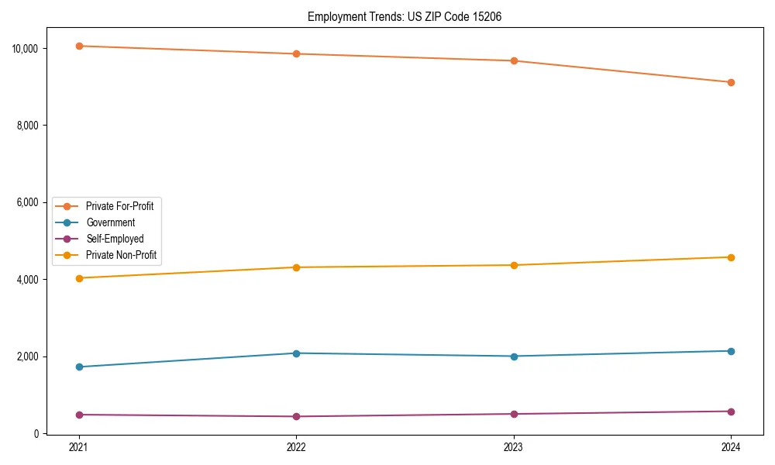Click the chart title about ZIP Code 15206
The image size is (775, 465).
click(404, 16)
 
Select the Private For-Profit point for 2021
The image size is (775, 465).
click(79, 46)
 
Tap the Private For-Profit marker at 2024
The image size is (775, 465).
click(731, 82)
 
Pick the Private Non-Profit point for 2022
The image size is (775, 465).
click(296, 267)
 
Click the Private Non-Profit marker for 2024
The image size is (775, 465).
click(731, 257)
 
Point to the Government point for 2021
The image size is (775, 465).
click(79, 367)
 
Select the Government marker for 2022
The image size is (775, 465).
click(296, 353)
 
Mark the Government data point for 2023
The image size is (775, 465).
click(514, 356)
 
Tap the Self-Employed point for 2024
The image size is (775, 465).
click(731, 412)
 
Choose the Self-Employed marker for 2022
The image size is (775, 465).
click(296, 416)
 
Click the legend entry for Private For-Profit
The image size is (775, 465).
click(119, 206)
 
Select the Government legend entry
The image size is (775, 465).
click(110, 222)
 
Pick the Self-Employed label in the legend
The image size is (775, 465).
click(115, 239)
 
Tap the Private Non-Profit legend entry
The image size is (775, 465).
click(122, 255)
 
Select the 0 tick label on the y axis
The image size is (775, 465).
click(36, 434)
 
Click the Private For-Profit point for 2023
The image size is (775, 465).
click(514, 60)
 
